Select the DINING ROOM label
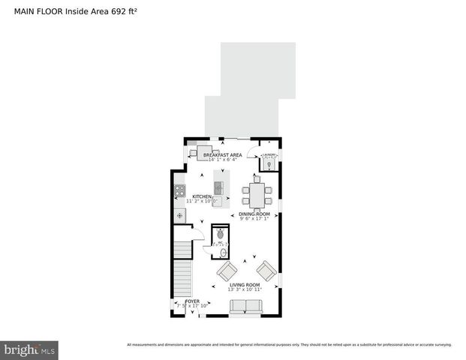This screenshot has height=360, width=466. point(255,214)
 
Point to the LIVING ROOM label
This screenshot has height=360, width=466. point(245,285)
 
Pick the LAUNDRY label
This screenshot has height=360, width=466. point(269,155)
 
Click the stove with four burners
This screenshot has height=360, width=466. point(180,191)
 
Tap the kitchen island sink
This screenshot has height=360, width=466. point(218,187)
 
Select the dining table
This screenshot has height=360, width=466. point(257,194)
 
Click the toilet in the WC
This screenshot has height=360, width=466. point(221,234)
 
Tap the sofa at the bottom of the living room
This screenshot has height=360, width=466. point(245,306)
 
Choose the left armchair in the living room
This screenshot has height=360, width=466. point(227,271)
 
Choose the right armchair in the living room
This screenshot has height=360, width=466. point(266,270)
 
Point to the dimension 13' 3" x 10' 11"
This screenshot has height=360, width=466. point(245,290)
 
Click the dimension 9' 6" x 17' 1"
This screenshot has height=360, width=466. point(255,218)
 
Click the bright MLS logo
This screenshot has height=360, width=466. point(30,349)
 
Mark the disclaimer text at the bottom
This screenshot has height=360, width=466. point(289,345)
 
